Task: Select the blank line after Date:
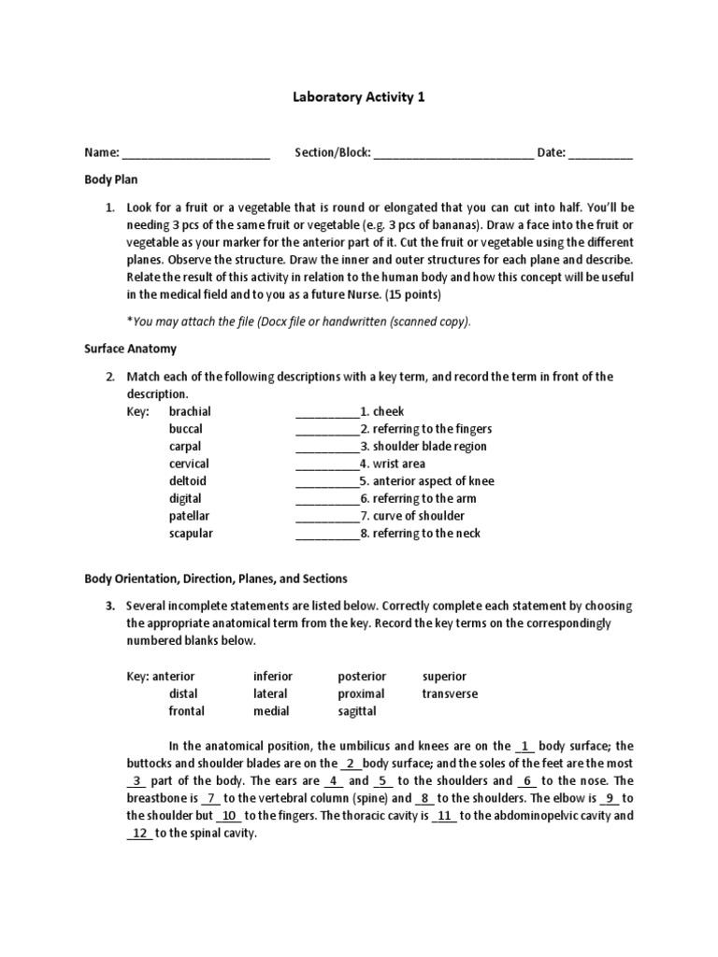[600, 155]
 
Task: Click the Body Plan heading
[111, 179]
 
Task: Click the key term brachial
[190, 411]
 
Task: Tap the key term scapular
[191, 534]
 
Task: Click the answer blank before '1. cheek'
[327, 412]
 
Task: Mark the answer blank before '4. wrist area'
[327, 464]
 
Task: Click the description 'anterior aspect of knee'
[434, 481]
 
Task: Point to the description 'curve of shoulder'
[418, 516]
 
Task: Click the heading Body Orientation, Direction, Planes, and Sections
[216, 579]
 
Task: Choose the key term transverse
[450, 693]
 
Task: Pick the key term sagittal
[357, 711]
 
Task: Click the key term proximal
[361, 693]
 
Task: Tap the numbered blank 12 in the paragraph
[139, 834]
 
